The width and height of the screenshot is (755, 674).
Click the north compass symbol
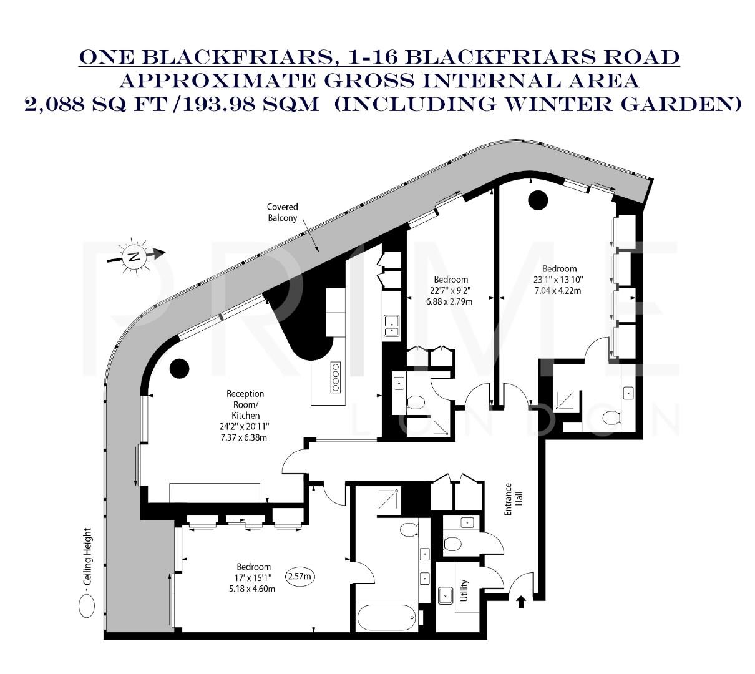click(x=134, y=255)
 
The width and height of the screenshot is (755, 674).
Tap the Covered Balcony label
click(x=283, y=212)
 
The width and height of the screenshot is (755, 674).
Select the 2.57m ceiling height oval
click(x=300, y=576)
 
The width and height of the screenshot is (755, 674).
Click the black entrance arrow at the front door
click(x=522, y=601)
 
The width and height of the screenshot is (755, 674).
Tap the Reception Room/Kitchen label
click(x=245, y=404)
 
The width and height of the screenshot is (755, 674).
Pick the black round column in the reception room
click(x=179, y=368)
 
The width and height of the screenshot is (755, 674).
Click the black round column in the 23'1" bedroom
click(x=537, y=200)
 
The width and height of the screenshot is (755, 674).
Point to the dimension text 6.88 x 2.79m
click(x=449, y=301)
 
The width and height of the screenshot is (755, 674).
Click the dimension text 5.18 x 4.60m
click(x=253, y=588)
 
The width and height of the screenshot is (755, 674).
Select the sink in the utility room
click(x=446, y=595)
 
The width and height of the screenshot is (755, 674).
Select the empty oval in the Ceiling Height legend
click(x=86, y=605)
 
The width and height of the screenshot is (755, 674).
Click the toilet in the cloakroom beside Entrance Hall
click(x=452, y=544)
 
